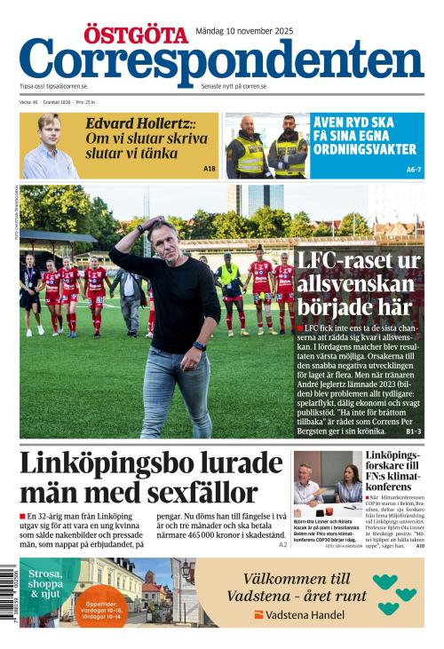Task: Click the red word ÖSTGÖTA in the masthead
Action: coord(136,35)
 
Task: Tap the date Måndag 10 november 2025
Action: coord(242,29)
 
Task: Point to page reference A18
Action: coord(209,169)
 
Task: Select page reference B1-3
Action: coord(414,431)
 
